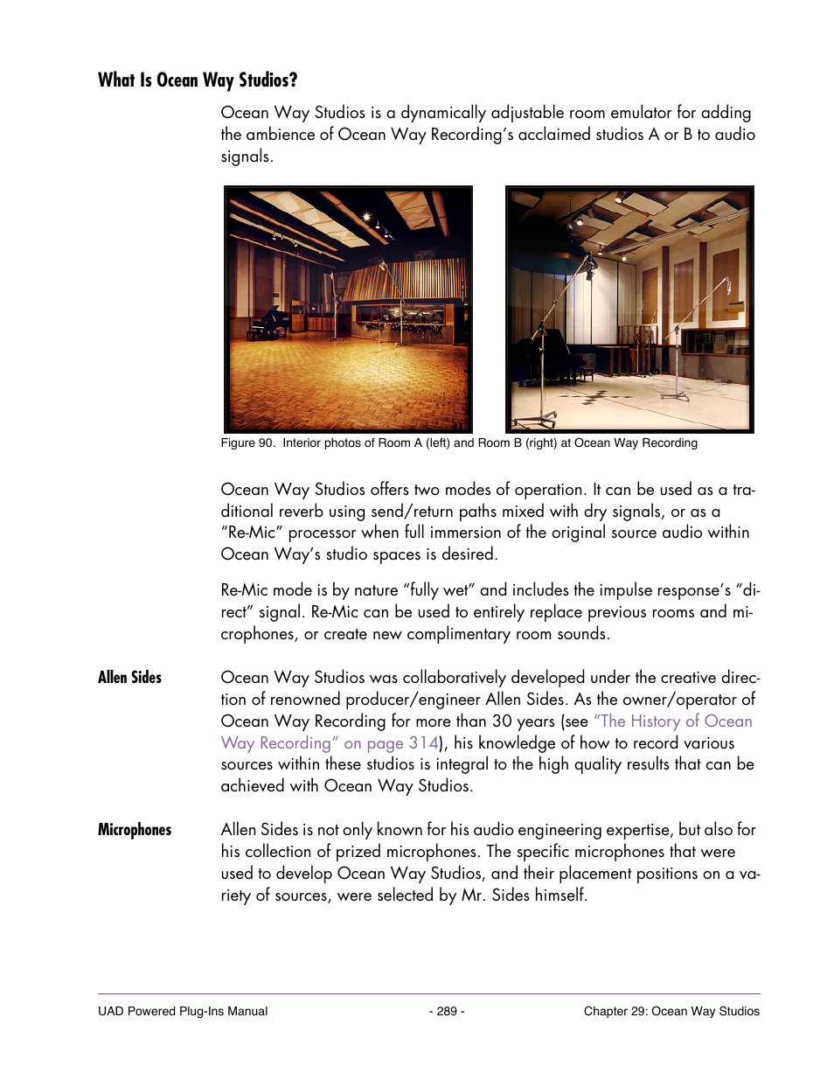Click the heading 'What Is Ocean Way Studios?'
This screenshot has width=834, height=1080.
pyautogui.click(x=198, y=80)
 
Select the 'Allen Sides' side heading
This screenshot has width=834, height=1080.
pyautogui.click(x=129, y=677)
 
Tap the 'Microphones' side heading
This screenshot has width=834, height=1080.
pyautogui.click(x=135, y=830)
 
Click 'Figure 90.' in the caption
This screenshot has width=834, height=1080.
pyautogui.click(x=247, y=443)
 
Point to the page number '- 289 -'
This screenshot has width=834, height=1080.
pyautogui.click(x=447, y=1011)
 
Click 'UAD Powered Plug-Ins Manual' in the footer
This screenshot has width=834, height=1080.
pyautogui.click(x=183, y=1011)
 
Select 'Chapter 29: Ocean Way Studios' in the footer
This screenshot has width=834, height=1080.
pyautogui.click(x=671, y=1011)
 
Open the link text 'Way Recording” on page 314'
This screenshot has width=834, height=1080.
pyautogui.click(x=329, y=743)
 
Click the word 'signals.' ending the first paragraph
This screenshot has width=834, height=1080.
pyautogui.click(x=247, y=157)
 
